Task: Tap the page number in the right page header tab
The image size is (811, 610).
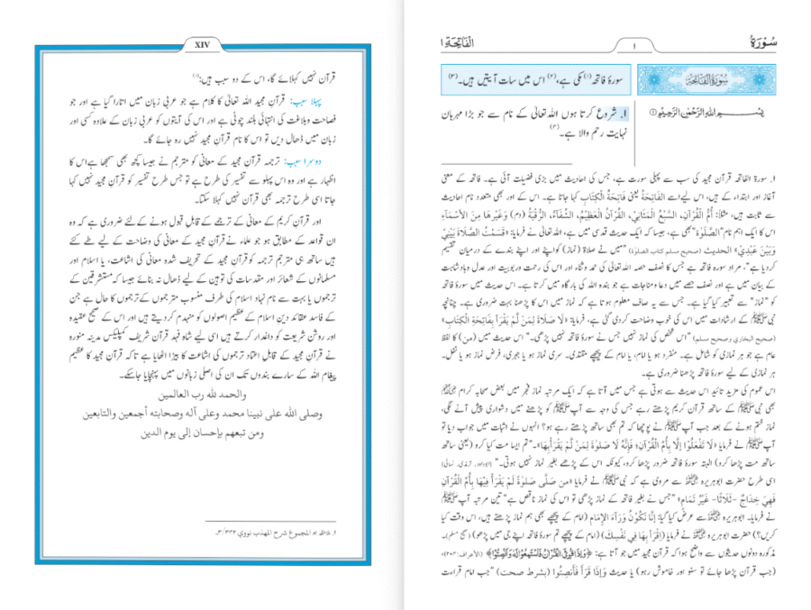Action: point(634,45)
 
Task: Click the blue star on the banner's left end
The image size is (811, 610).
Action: point(652,81)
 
